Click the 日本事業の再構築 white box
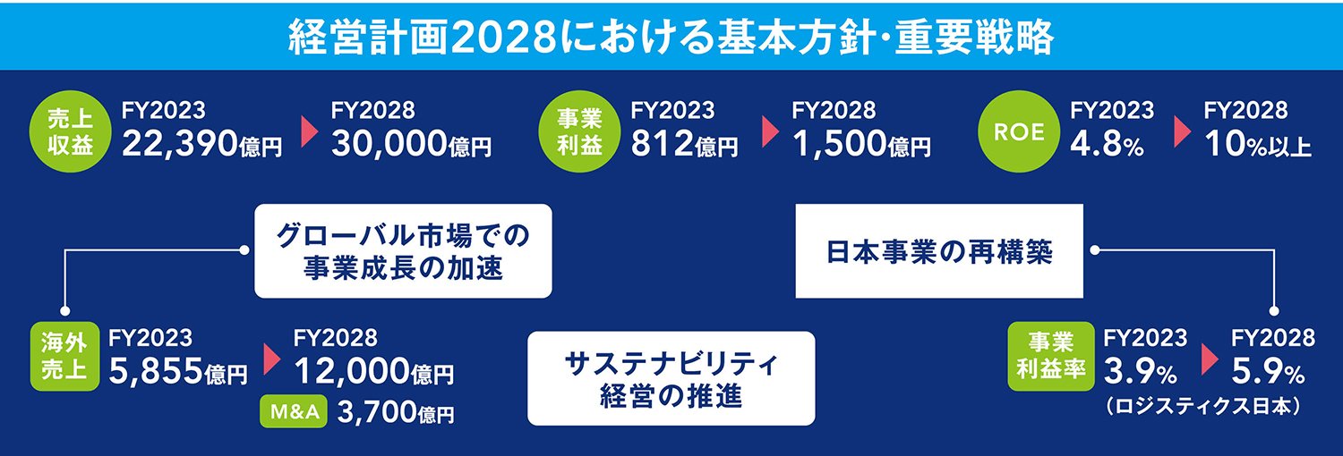click(939, 251)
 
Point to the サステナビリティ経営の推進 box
click(671, 378)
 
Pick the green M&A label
click(292, 412)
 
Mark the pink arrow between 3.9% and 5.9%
click(1210, 358)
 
